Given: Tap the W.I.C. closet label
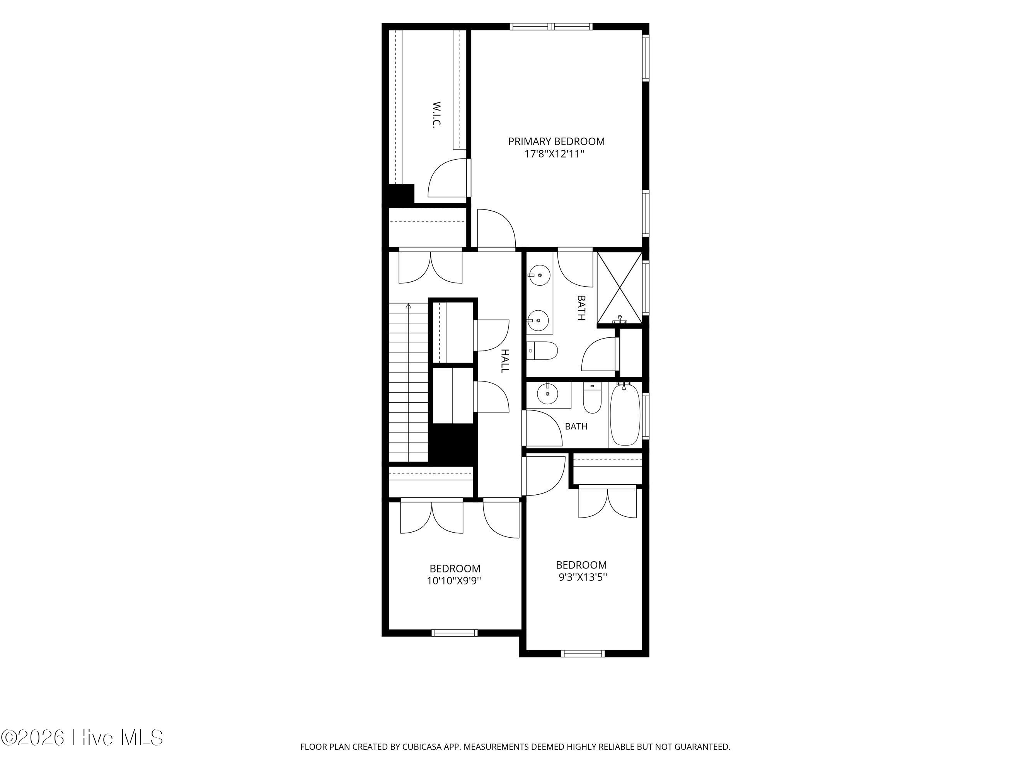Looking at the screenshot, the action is [436, 115].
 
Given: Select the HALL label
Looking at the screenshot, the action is [505, 361].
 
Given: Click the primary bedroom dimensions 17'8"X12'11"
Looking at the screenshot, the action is [554, 154].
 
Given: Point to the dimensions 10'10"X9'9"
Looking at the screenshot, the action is [454, 581].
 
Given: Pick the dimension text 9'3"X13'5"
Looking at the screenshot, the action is [583, 577].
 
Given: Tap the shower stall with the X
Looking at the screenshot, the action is [619, 288].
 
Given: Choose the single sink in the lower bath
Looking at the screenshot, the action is [548, 394].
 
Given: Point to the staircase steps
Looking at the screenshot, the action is [408, 382].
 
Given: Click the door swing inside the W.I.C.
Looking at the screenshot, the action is [447, 178].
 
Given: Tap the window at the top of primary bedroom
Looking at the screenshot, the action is [551, 27].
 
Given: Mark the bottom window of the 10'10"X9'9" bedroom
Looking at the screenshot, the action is [455, 633].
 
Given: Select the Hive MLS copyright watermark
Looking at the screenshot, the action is [82, 737].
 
